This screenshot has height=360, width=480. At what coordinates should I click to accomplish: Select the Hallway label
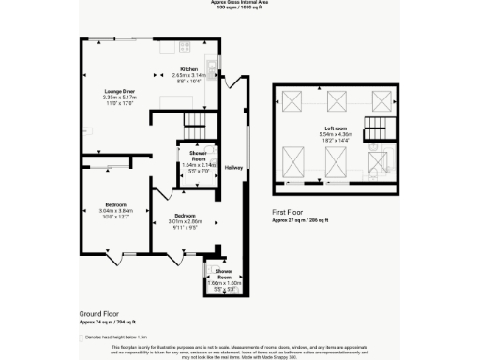pyautogui.click(x=233, y=167)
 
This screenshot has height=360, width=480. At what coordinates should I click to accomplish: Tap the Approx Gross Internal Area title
pyautogui.click(x=239, y=3)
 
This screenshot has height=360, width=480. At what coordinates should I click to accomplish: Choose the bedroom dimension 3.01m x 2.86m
pyautogui.click(x=186, y=221)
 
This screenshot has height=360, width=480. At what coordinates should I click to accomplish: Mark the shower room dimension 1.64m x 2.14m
pyautogui.click(x=198, y=164)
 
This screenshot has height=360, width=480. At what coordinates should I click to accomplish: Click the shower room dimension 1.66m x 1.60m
pyautogui.click(x=217, y=283)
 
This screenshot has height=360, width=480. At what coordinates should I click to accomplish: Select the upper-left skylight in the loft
pyautogui.click(x=292, y=101)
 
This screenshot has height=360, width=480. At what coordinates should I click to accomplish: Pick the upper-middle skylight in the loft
pyautogui.click(x=336, y=101)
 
